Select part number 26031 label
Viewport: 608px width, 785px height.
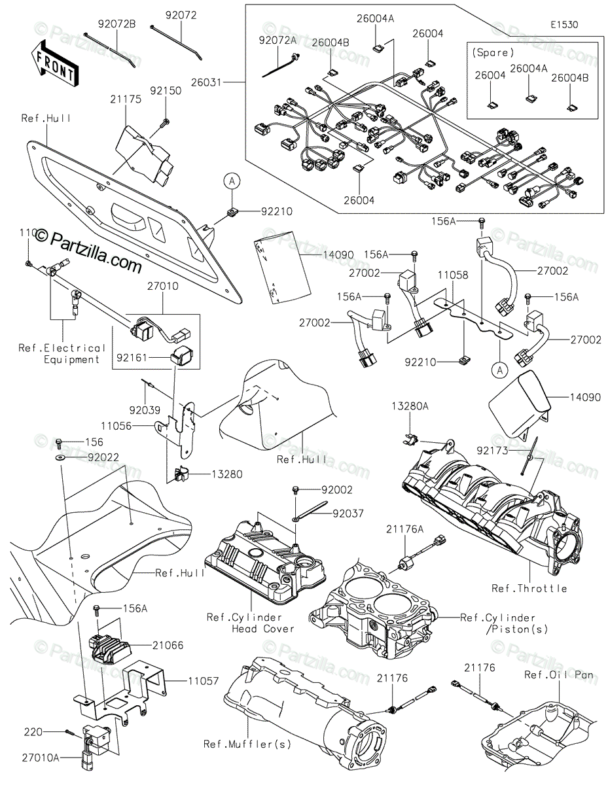click(x=225, y=83)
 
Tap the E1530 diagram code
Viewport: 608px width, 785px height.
click(x=563, y=24)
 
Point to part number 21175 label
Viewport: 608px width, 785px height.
click(x=126, y=98)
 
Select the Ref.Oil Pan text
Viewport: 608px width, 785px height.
click(x=557, y=674)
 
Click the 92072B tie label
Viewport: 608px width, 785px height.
click(x=118, y=24)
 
